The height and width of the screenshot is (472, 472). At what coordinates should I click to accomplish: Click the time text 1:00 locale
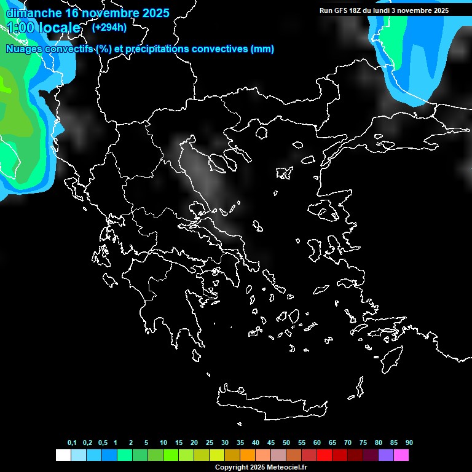pos(43,28)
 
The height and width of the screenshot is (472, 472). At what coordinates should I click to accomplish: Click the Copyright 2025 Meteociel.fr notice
pos(261,467)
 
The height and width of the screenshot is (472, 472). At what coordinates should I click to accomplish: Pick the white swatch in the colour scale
pos(63,455)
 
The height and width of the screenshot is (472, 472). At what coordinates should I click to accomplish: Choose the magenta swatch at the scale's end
pos(401,455)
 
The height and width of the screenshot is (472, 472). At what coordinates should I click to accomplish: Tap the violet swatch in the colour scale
pos(386,455)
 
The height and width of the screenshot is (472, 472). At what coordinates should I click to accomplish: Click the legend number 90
pos(409,443)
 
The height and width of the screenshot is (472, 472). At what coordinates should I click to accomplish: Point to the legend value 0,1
pos(72,443)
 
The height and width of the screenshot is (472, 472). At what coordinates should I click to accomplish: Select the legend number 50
pos(286,443)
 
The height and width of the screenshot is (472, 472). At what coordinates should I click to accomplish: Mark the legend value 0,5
pos(103,443)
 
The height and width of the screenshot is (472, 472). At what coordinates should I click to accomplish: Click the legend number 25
pos(210,443)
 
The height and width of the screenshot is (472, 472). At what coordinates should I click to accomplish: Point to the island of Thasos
pos(261,133)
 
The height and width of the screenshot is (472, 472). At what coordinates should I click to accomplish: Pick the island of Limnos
pos(284,173)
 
